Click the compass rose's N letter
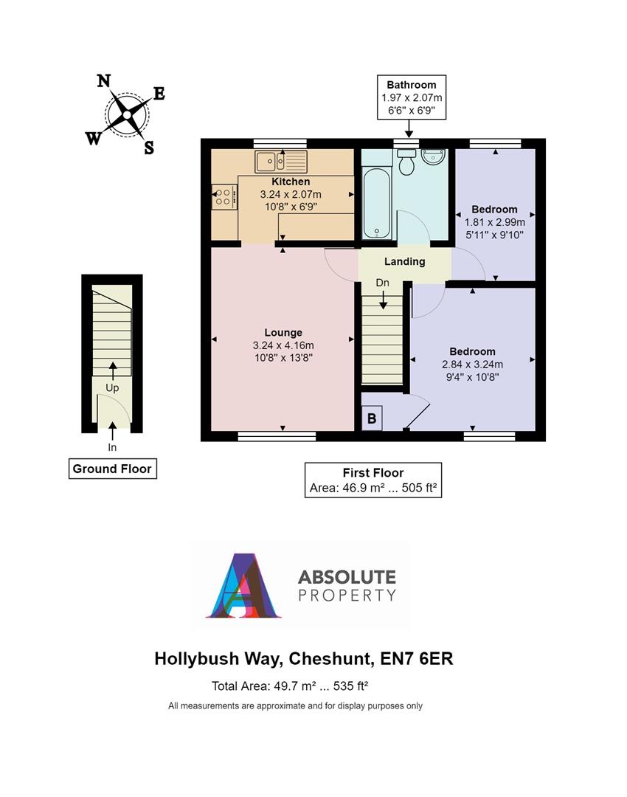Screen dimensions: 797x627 pyautogui.click(x=105, y=81)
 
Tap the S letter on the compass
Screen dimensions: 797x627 pyautogui.click(x=149, y=148)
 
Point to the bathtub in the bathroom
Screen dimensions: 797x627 pyautogui.click(x=376, y=201)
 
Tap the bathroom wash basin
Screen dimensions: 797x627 pyautogui.click(x=433, y=157)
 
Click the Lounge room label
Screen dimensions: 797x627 pyautogui.click(x=283, y=333)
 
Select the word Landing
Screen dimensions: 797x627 pyautogui.click(x=405, y=261)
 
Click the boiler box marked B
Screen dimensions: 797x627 pyautogui.click(x=372, y=418)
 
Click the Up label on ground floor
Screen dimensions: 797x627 pyautogui.click(x=112, y=387)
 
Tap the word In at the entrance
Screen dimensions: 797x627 pyautogui.click(x=112, y=447)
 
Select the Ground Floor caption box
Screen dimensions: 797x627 pyautogui.click(x=112, y=469)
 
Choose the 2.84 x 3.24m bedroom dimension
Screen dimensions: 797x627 pyautogui.click(x=473, y=364)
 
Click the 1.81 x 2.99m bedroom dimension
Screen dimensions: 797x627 pyautogui.click(x=495, y=221)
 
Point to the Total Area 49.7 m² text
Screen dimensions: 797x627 pyautogui.click(x=290, y=686)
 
